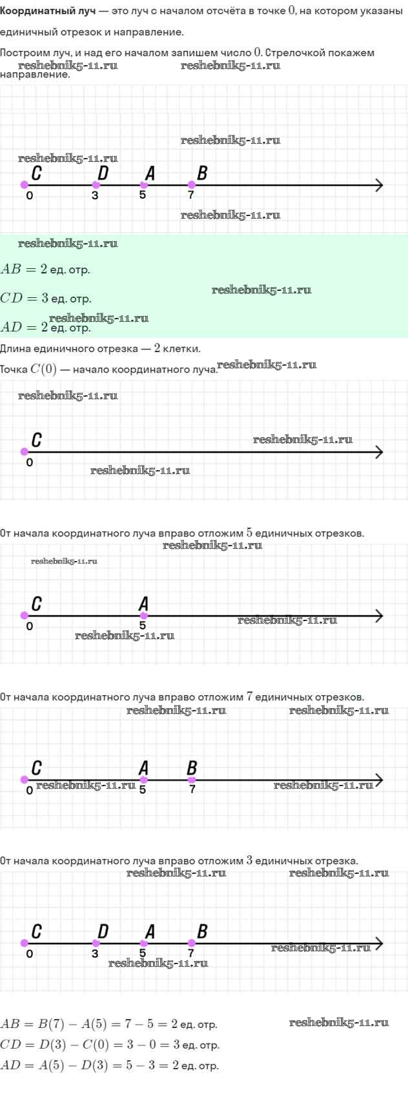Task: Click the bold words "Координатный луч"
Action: point(48,12)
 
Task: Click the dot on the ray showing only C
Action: point(25,452)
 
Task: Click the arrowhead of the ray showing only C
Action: point(379,452)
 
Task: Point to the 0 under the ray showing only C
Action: point(30,462)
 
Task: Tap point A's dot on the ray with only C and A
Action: point(143,616)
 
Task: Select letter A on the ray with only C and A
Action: point(143,604)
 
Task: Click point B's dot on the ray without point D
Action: point(192,780)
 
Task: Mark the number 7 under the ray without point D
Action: point(192,789)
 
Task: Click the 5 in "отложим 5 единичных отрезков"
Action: point(250,533)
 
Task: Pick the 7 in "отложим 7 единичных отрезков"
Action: point(250,697)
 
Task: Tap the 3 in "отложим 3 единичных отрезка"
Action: point(250,860)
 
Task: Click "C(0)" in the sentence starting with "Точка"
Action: point(43,370)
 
